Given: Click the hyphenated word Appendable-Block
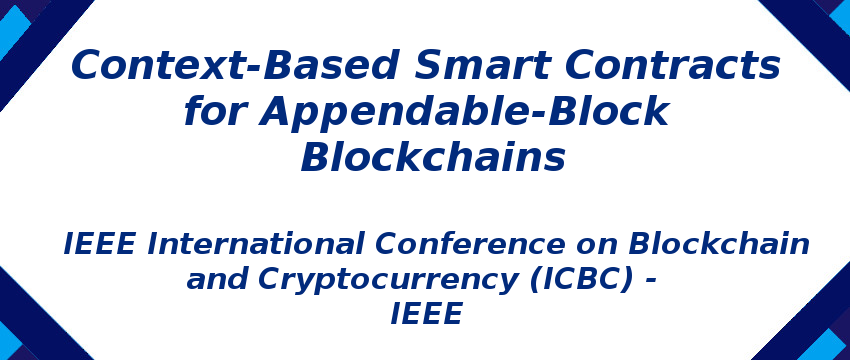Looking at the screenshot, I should point(464,112).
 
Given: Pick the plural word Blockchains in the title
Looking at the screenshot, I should point(433,158).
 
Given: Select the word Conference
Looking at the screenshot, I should point(492,243).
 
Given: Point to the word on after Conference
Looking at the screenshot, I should point(602,243).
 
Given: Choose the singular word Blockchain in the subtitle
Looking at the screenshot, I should point(719,243).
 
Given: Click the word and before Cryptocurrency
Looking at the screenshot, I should point(215,279).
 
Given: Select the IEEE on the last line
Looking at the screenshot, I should point(426,315).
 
